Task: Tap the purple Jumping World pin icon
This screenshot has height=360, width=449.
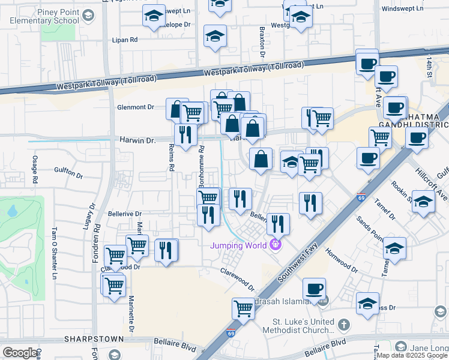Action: (276, 244)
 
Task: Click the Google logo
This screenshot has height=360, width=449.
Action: (20, 353)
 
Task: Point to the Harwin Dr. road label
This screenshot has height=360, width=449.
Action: (137, 140)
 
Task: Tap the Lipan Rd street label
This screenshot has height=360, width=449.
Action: (125, 40)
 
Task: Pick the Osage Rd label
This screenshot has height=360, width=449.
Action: (35, 170)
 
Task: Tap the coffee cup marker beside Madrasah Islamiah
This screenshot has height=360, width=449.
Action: (314, 289)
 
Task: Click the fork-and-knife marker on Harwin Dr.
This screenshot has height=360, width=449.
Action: (185, 134)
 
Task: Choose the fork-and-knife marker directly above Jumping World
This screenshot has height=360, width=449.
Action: (278, 224)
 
